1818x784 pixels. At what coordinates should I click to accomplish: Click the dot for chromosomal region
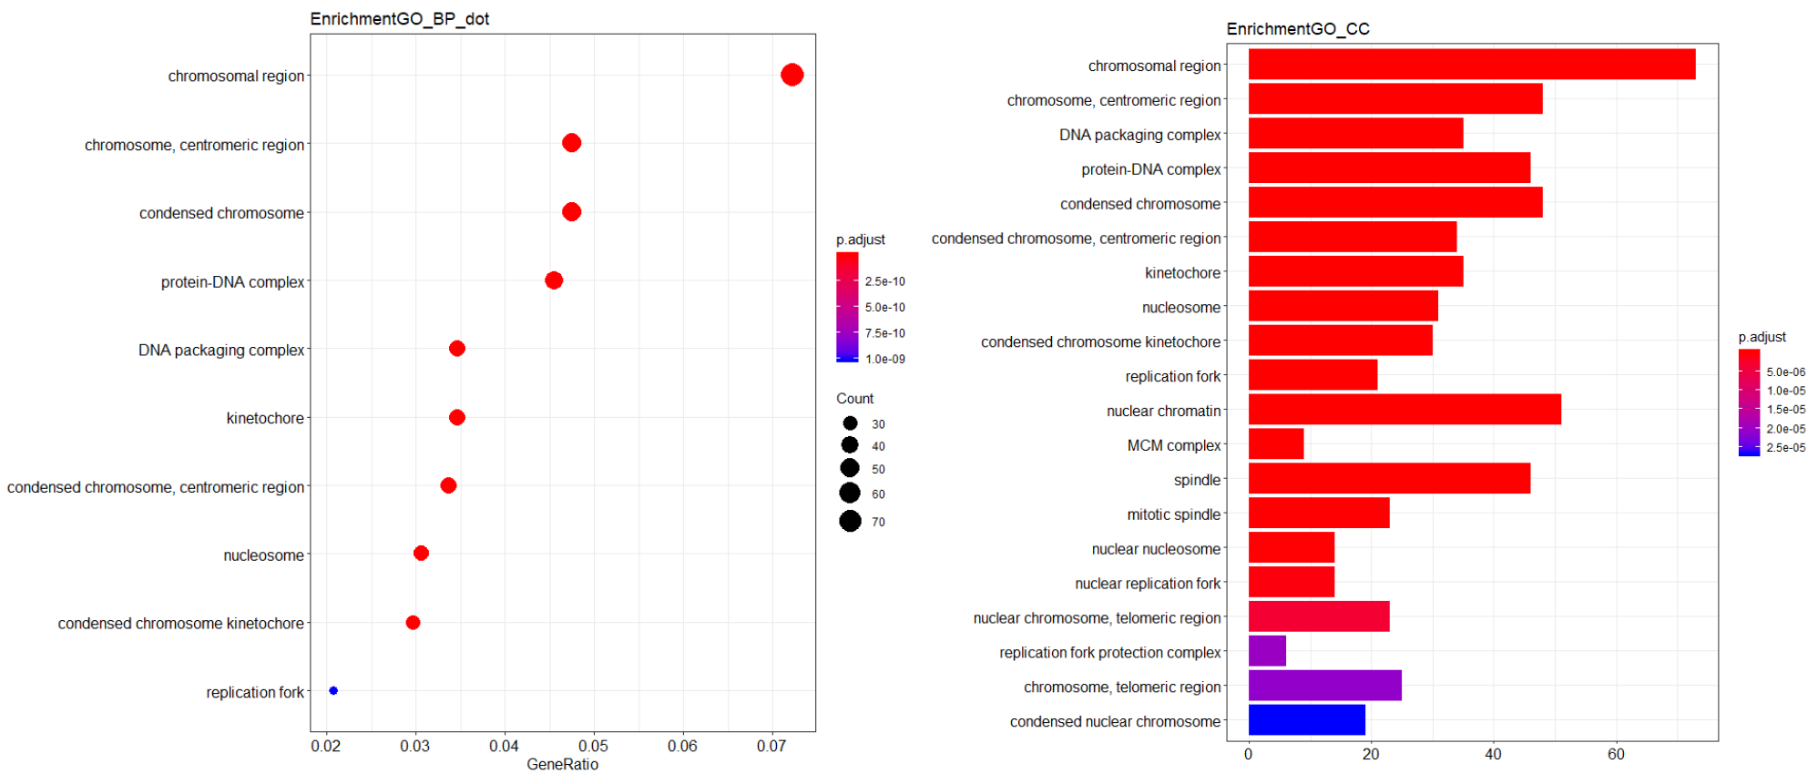click(792, 75)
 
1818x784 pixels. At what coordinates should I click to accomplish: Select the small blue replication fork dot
click(333, 690)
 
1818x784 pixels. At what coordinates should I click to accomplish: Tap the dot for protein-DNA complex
click(554, 280)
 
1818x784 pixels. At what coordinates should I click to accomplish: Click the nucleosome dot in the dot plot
click(421, 554)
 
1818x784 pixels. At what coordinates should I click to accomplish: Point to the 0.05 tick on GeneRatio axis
click(593, 747)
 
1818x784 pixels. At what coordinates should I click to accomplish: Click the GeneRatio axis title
click(562, 765)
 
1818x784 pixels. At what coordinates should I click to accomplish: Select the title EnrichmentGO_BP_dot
click(399, 19)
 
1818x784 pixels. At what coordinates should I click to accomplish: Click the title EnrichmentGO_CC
click(1297, 29)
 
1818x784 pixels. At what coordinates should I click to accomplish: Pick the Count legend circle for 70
click(850, 521)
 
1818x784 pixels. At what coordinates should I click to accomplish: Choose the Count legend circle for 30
click(850, 423)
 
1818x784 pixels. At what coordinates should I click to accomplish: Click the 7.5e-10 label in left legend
click(884, 333)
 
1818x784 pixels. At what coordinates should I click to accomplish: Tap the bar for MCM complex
click(1275, 444)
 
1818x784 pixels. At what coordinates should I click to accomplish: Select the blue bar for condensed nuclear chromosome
click(1306, 720)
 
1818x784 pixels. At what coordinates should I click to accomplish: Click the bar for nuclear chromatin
click(1404, 410)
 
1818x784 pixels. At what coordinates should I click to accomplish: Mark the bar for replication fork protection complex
click(1267, 651)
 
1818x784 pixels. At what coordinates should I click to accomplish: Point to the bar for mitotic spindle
click(1318, 514)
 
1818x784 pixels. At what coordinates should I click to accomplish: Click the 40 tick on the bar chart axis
click(1493, 754)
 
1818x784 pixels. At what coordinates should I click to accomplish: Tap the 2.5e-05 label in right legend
click(1785, 448)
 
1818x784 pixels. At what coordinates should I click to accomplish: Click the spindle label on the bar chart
click(1197, 480)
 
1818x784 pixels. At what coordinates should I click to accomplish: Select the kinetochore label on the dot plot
click(265, 418)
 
